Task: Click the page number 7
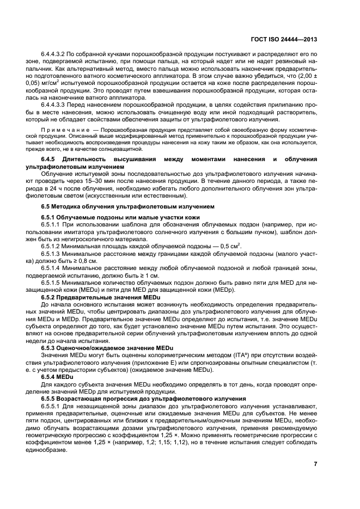[315, 464]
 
